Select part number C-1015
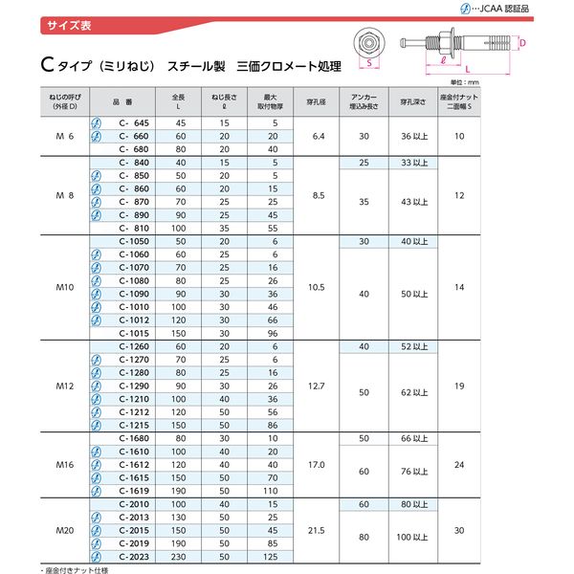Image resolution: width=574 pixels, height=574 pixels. click(x=134, y=331)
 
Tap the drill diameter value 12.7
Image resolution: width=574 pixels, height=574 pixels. click(x=320, y=386)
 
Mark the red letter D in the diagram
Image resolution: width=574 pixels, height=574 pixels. click(x=523, y=42)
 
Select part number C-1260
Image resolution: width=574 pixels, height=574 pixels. click(x=134, y=345)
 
